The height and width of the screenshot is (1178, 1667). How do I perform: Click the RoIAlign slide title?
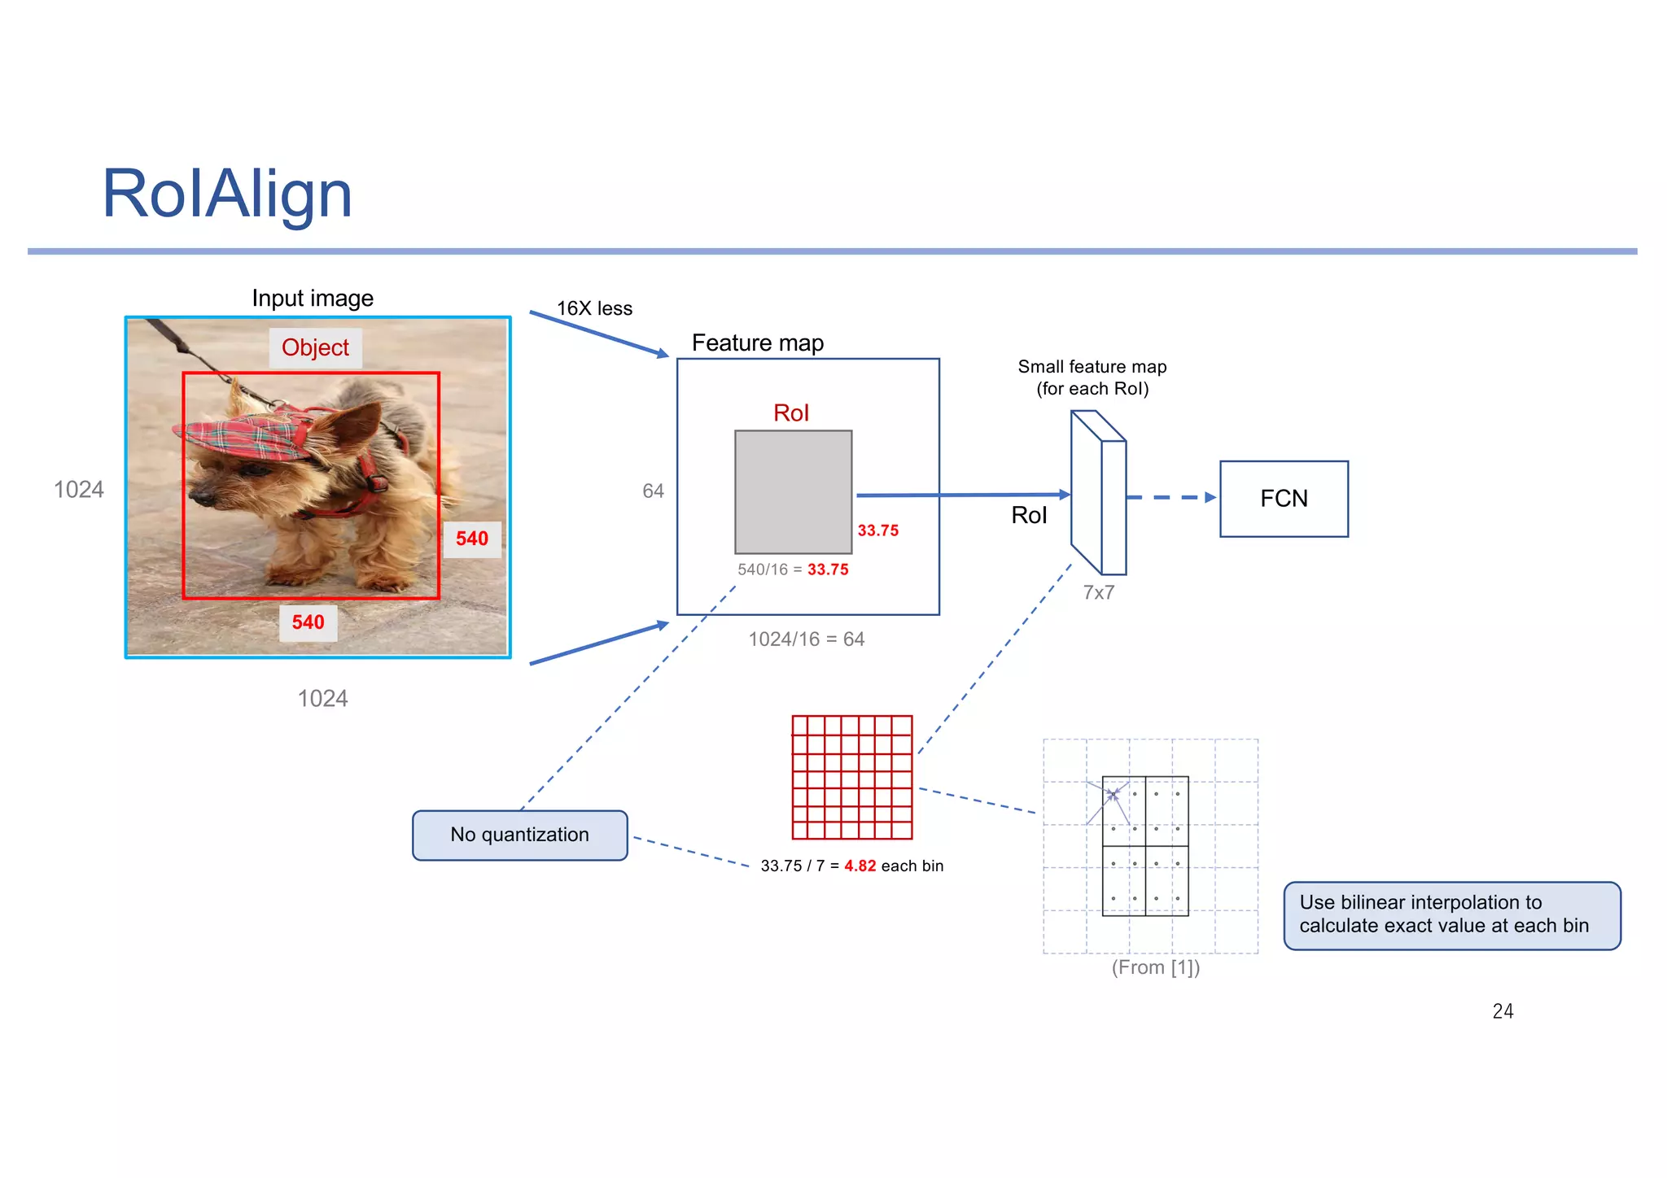[x=227, y=194]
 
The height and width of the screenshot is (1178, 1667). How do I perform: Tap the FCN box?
[x=1284, y=499]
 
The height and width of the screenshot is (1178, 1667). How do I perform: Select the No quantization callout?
[x=519, y=835]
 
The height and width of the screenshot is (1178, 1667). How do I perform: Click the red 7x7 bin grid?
[x=852, y=777]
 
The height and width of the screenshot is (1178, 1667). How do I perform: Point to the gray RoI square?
[x=793, y=491]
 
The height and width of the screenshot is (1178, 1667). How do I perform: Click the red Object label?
[x=315, y=347]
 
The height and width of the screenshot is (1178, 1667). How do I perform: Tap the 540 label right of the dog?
[x=471, y=539]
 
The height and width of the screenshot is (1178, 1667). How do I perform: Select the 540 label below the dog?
[x=308, y=622]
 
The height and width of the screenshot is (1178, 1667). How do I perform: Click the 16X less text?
[x=594, y=308]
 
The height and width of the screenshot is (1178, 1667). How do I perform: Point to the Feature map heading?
[x=757, y=342]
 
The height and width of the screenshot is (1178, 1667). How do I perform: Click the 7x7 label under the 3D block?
[x=1098, y=592]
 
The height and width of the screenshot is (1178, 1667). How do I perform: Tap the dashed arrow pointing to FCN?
[x=1170, y=497]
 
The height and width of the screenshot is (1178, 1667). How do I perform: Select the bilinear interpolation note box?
[x=1451, y=914]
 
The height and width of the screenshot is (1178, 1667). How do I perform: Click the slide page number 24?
[x=1503, y=1010]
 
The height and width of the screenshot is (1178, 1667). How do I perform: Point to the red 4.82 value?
[x=860, y=866]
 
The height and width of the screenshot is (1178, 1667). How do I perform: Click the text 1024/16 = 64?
[x=806, y=639]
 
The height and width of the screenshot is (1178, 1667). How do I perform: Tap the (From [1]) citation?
[x=1155, y=967]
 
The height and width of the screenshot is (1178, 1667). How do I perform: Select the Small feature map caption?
[x=1092, y=377]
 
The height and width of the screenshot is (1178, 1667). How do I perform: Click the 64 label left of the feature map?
[x=653, y=491]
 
